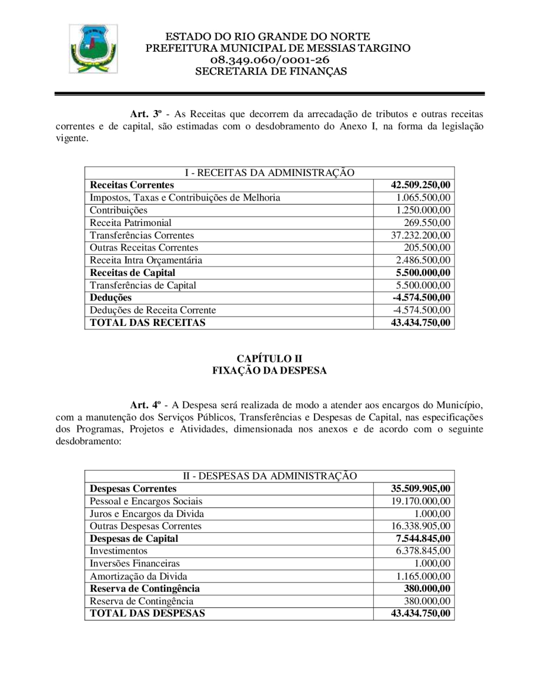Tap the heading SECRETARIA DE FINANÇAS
270,71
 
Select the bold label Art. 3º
146,113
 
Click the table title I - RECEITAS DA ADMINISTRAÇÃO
269,173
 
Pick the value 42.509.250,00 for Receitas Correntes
420,186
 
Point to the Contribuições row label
118,210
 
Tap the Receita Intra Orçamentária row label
146,260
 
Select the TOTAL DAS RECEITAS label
147,323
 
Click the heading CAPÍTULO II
269,359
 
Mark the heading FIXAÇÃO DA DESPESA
269,371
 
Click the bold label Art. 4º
146,406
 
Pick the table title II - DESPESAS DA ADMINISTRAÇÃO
269,476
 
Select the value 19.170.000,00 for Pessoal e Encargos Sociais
420,501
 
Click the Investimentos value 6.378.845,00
423,551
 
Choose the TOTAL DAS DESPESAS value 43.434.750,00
420,613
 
